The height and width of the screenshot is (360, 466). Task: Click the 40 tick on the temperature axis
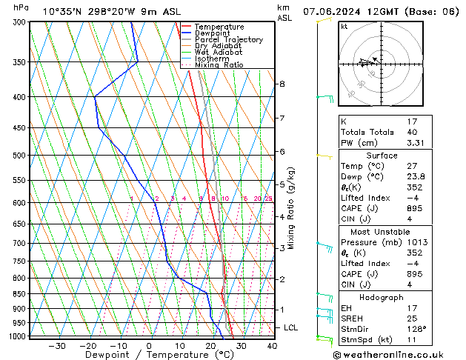pyautogui.click(x=272, y=346)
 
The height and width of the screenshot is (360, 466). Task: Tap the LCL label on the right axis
pyautogui.click(x=291, y=327)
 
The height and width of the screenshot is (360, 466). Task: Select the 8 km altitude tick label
pyautogui.click(x=282, y=84)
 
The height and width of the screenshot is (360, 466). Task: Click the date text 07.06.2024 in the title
pyautogui.click(x=336, y=10)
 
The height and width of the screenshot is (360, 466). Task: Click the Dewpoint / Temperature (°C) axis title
pyautogui.click(x=150, y=355)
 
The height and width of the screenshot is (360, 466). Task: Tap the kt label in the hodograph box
pyautogui.click(x=344, y=26)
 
